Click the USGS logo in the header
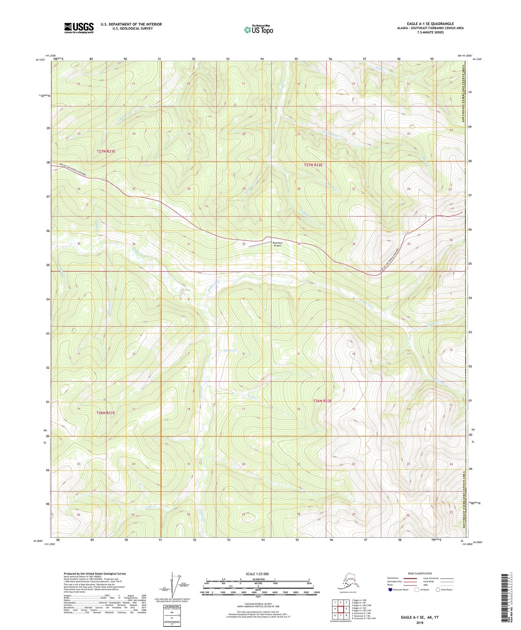click(79, 28)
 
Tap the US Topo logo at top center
click(258, 30)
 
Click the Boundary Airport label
click(277, 244)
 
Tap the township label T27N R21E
click(106, 151)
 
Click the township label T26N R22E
click(322, 401)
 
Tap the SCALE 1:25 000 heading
click(258, 574)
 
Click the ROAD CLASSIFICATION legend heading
click(420, 573)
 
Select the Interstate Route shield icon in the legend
click(391, 590)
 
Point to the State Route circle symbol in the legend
click(438, 590)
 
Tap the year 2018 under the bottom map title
click(419, 622)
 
